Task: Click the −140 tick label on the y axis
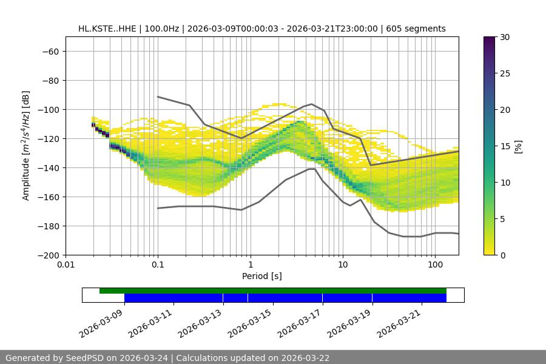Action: [49, 167]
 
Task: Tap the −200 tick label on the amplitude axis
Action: [49, 255]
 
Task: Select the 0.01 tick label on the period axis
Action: [66, 265]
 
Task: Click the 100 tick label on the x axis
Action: [435, 265]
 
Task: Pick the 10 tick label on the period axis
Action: [343, 265]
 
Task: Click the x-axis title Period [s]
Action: [261, 276]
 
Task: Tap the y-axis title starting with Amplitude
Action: [26, 146]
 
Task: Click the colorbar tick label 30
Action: [504, 37]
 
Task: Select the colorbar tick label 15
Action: [504, 146]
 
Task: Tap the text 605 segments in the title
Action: [419, 29]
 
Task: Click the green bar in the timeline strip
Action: [273, 291]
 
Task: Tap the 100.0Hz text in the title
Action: [162, 29]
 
